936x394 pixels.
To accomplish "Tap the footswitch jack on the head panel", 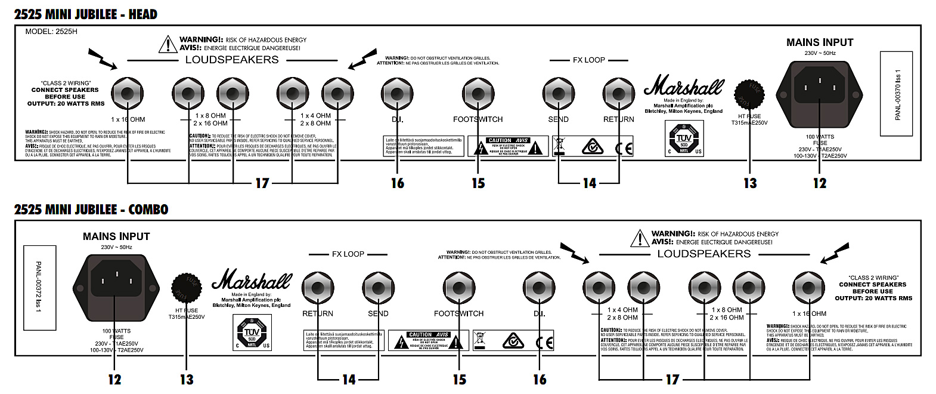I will tap(478, 94).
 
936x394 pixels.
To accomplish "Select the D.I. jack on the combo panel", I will tap(539, 288).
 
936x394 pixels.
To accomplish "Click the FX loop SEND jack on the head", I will tap(559, 94).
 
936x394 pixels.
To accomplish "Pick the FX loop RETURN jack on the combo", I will tap(318, 288).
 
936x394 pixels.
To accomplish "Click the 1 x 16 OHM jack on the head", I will tap(128, 94).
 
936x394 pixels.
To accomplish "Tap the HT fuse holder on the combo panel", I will tap(187, 289).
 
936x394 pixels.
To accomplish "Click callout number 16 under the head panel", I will tap(398, 183).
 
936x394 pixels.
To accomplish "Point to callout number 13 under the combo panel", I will tap(187, 379).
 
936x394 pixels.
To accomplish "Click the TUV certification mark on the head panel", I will tap(684, 139).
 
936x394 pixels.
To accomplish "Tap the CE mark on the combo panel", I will tap(544, 342).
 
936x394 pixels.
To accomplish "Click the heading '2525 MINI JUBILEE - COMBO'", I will tap(91, 209).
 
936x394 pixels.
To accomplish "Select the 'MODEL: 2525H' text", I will tap(51, 32).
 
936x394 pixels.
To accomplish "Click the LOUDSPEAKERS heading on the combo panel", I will tap(703, 254).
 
